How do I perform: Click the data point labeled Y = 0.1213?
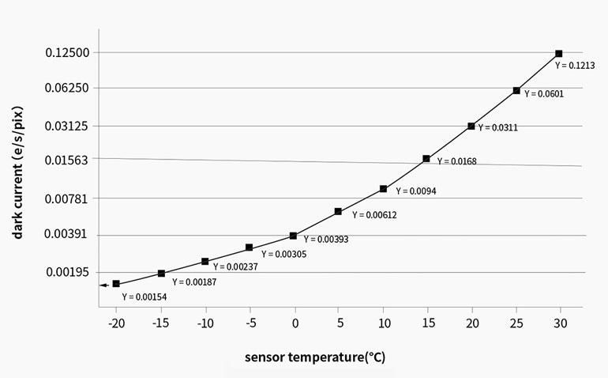click(558, 54)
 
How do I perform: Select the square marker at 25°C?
click(516, 91)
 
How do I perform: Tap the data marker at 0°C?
click(294, 236)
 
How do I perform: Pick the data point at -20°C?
click(116, 284)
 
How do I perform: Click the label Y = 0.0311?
click(498, 127)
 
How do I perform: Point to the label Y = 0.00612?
click(374, 215)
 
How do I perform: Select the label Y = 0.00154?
click(144, 297)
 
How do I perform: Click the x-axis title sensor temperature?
click(314, 357)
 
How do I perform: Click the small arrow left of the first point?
click(103, 285)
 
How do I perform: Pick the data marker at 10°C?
click(383, 189)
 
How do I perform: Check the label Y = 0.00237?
click(235, 267)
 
